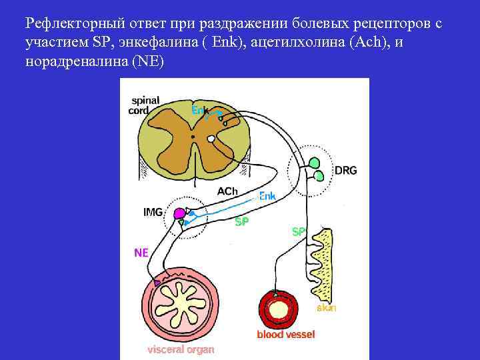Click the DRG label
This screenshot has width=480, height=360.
[345, 170]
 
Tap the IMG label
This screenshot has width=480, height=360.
[153, 212]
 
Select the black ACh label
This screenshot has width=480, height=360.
[227, 191]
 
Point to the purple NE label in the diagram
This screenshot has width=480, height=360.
[141, 253]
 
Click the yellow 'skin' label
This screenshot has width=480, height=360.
[326, 308]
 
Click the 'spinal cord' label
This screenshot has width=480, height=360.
[144, 105]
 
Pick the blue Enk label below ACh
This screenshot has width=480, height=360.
[267, 196]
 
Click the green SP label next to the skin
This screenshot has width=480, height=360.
[299, 231]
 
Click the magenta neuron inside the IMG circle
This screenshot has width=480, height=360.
[179, 214]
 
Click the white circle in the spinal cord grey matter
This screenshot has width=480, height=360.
[211, 139]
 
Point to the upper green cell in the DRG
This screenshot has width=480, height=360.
[313, 161]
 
